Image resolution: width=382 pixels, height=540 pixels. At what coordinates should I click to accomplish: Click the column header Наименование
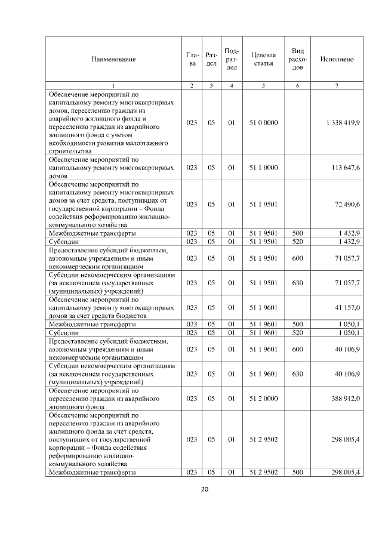pyautogui.click(x=113, y=59)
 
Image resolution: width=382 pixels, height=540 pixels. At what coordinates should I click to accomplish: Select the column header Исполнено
pyautogui.click(x=337, y=59)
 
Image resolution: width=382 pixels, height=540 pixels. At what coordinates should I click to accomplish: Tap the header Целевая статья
pyautogui.click(x=263, y=59)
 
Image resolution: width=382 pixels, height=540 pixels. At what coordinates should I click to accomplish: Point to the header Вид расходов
pyautogui.click(x=297, y=59)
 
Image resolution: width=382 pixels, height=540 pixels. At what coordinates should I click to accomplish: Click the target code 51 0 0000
pyautogui.click(x=263, y=122)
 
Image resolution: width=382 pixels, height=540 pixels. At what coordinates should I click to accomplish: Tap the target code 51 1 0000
pyautogui.click(x=263, y=168)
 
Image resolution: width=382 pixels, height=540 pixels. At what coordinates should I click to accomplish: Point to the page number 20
pyautogui.click(x=204, y=490)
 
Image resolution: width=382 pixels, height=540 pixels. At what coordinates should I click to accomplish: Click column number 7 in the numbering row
pyautogui.click(x=337, y=86)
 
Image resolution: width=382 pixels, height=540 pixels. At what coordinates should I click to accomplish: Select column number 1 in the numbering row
pyautogui.click(x=113, y=86)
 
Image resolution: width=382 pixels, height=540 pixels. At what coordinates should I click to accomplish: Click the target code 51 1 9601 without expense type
pyautogui.click(x=263, y=307)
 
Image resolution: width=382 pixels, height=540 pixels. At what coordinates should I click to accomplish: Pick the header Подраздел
pyautogui.click(x=232, y=59)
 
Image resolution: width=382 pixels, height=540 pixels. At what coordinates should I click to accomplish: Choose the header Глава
pyautogui.click(x=192, y=59)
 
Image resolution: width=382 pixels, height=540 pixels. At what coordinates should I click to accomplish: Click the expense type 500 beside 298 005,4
pyautogui.click(x=297, y=473)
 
